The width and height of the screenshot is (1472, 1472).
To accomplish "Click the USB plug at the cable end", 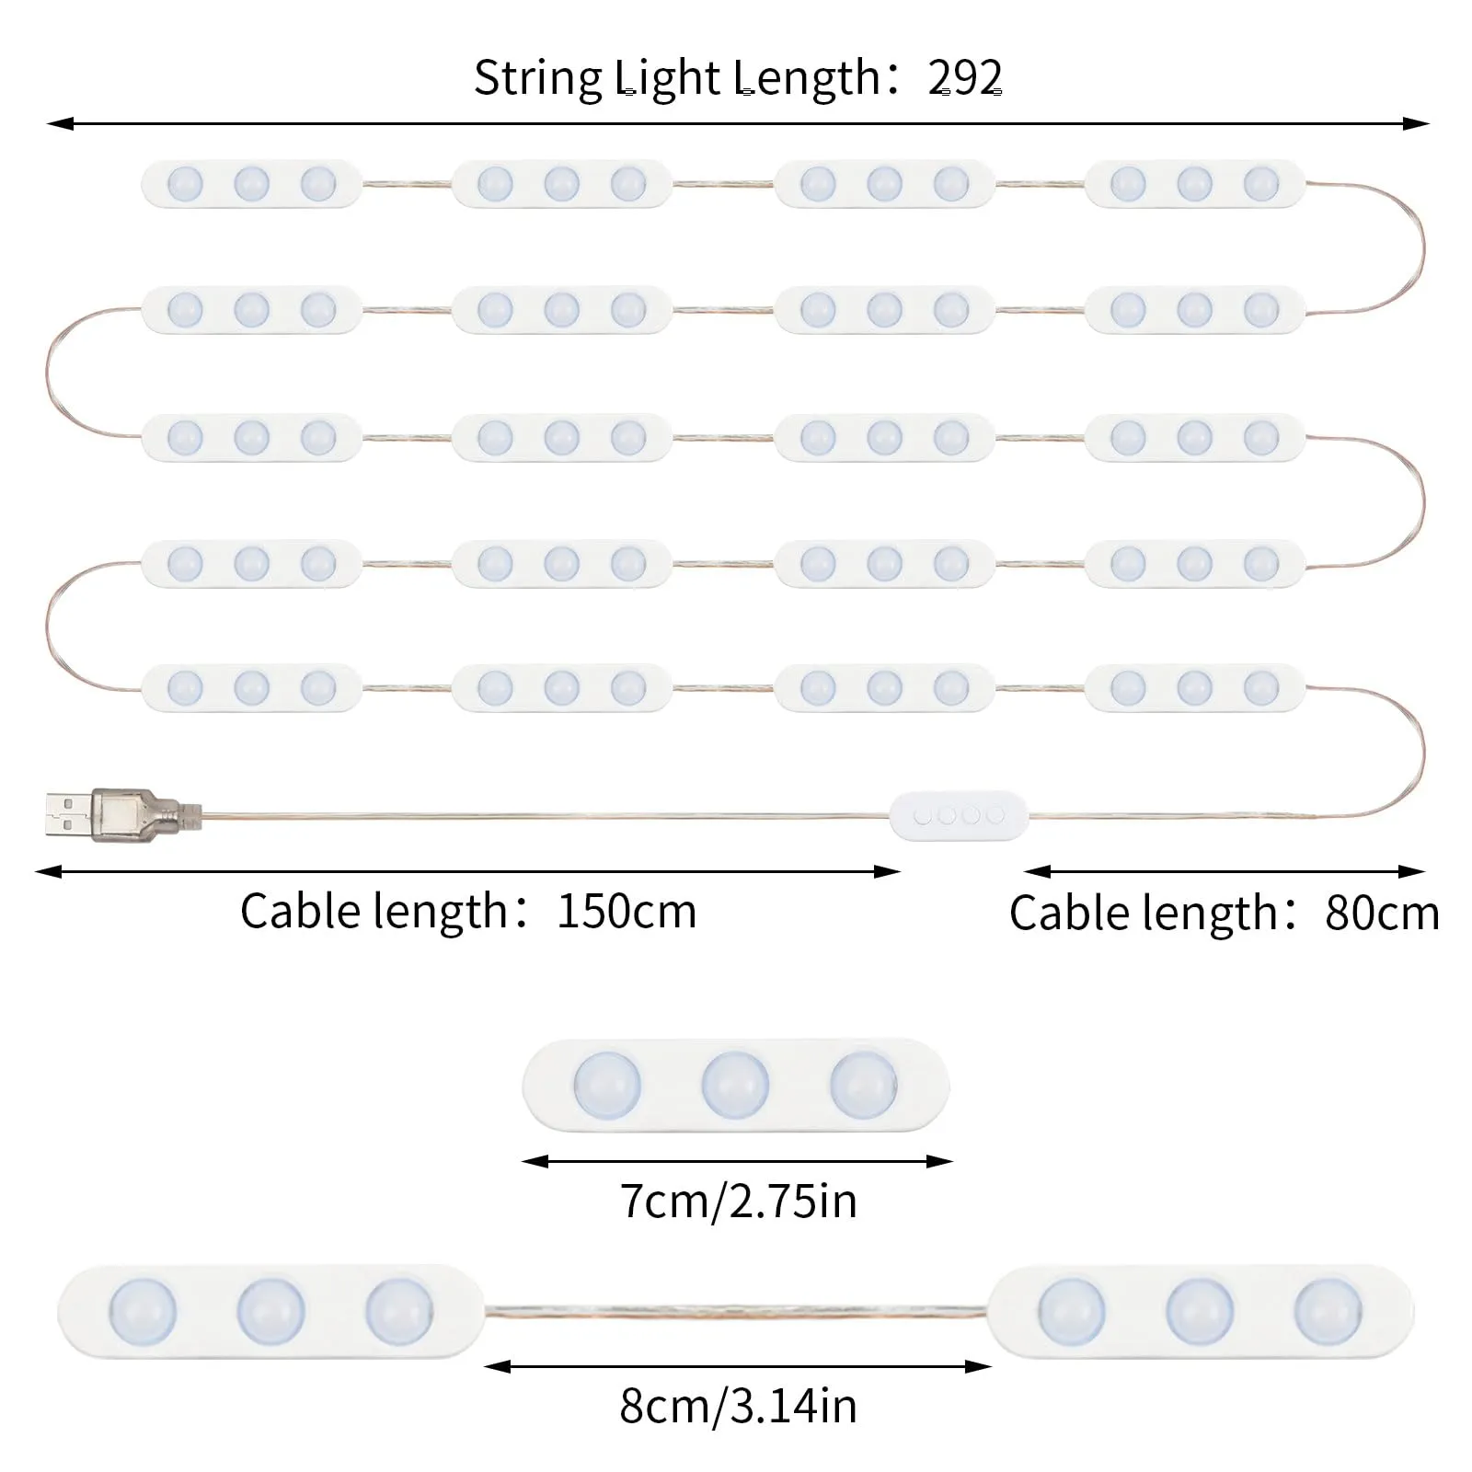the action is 124,813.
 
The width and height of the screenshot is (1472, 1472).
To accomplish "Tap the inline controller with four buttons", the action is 960,815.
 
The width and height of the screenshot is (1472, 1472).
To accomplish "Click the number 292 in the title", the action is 965,78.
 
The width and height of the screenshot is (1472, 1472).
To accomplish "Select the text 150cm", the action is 627,912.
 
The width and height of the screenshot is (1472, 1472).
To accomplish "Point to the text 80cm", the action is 1382,914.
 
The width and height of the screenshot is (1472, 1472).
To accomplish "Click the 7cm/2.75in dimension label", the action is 738,1202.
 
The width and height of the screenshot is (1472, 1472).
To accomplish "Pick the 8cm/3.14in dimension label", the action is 738,1406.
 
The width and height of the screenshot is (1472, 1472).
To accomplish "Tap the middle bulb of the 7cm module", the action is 735,1085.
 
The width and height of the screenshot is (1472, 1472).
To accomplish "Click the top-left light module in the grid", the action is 251,184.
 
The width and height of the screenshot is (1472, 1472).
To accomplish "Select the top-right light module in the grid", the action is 1195,184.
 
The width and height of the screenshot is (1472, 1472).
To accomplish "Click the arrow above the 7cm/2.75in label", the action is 737,1162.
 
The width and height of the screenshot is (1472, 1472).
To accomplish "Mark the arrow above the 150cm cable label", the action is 467,871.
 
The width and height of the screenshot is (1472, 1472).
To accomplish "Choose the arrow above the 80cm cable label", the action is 1225,871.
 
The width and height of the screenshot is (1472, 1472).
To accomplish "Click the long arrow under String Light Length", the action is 738,123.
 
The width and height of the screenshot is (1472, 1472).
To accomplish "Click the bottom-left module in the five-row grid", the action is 251,687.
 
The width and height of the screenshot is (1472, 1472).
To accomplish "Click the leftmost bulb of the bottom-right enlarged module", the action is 1072,1311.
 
